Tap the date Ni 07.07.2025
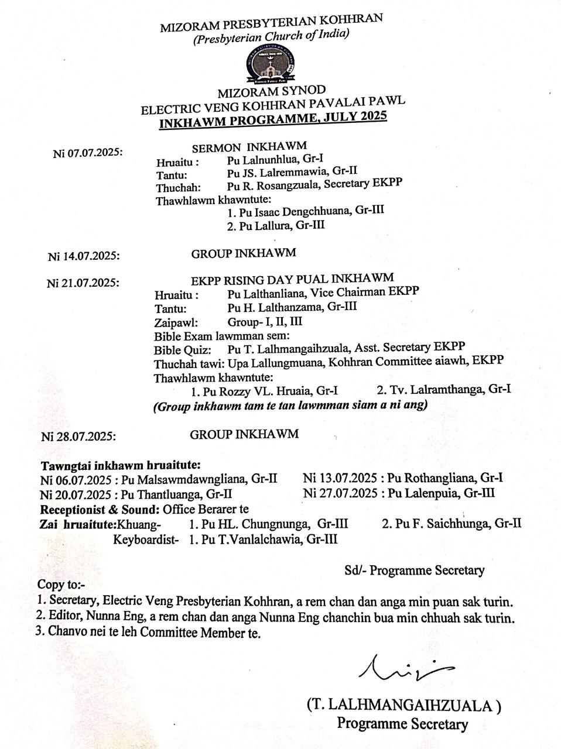(87, 153)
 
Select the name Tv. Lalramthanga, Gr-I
(443, 389)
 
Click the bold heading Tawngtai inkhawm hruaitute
(121, 466)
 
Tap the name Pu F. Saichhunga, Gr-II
(451, 524)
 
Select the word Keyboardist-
(146, 539)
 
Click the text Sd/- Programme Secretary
(414, 570)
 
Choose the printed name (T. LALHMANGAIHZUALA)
(403, 706)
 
